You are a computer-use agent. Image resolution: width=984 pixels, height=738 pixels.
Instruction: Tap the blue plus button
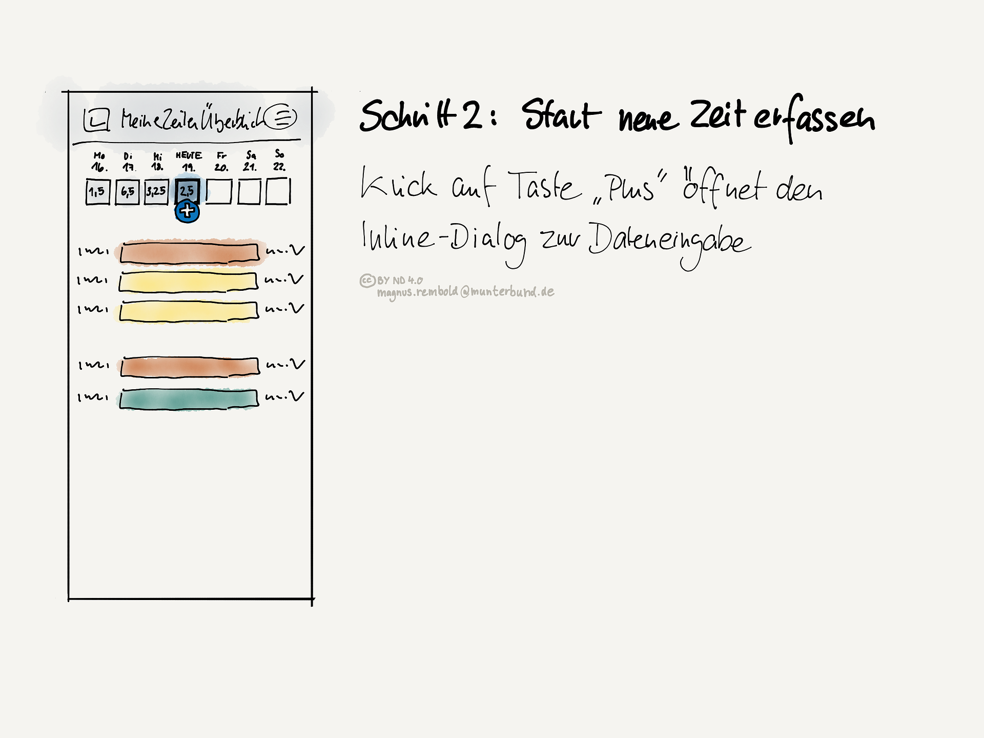[x=187, y=211]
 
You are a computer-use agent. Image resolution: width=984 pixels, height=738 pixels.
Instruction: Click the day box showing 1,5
[x=97, y=192]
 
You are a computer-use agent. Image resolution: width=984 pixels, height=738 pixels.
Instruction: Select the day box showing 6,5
[x=127, y=192]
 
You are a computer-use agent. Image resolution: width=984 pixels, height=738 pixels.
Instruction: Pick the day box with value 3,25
[x=156, y=191]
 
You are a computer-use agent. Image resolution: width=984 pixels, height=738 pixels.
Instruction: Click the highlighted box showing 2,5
[x=187, y=191]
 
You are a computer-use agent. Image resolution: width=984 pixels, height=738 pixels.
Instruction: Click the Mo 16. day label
[x=99, y=161]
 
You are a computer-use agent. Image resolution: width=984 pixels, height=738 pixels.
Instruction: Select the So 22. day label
[x=279, y=160]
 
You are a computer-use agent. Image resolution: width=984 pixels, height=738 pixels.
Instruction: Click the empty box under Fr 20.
[x=219, y=191]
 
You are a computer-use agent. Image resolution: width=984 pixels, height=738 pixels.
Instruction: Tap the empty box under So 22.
[x=278, y=191]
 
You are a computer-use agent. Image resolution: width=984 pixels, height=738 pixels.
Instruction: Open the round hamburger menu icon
[x=281, y=116]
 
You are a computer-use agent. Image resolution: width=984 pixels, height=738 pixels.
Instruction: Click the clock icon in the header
[x=96, y=119]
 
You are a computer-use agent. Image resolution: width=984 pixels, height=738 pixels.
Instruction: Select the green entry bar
[x=189, y=400]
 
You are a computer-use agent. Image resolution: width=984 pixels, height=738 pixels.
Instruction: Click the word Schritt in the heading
[x=407, y=115]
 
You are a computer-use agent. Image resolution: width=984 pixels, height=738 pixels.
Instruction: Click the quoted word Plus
[x=630, y=188]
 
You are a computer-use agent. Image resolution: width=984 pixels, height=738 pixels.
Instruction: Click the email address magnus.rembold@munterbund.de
[x=465, y=292]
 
